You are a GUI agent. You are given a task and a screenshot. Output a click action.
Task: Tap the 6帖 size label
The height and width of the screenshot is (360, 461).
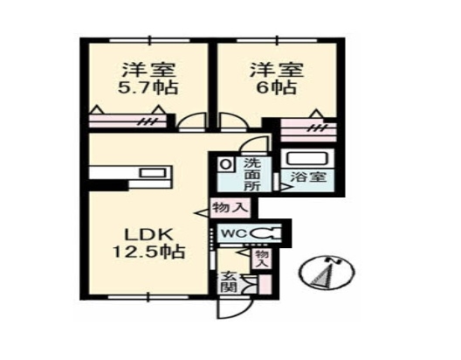click(x=270, y=87)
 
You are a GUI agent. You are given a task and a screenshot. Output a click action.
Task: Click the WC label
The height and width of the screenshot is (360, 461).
click(x=233, y=233)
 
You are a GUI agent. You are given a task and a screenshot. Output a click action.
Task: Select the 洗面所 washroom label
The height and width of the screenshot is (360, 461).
click(x=252, y=174)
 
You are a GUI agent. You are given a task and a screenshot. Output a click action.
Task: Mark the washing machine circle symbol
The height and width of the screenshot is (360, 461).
click(x=225, y=163)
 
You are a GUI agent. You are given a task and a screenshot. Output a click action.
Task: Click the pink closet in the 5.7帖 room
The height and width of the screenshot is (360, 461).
click(x=131, y=121)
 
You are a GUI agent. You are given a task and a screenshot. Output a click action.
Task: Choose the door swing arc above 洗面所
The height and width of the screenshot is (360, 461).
click(x=251, y=146)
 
